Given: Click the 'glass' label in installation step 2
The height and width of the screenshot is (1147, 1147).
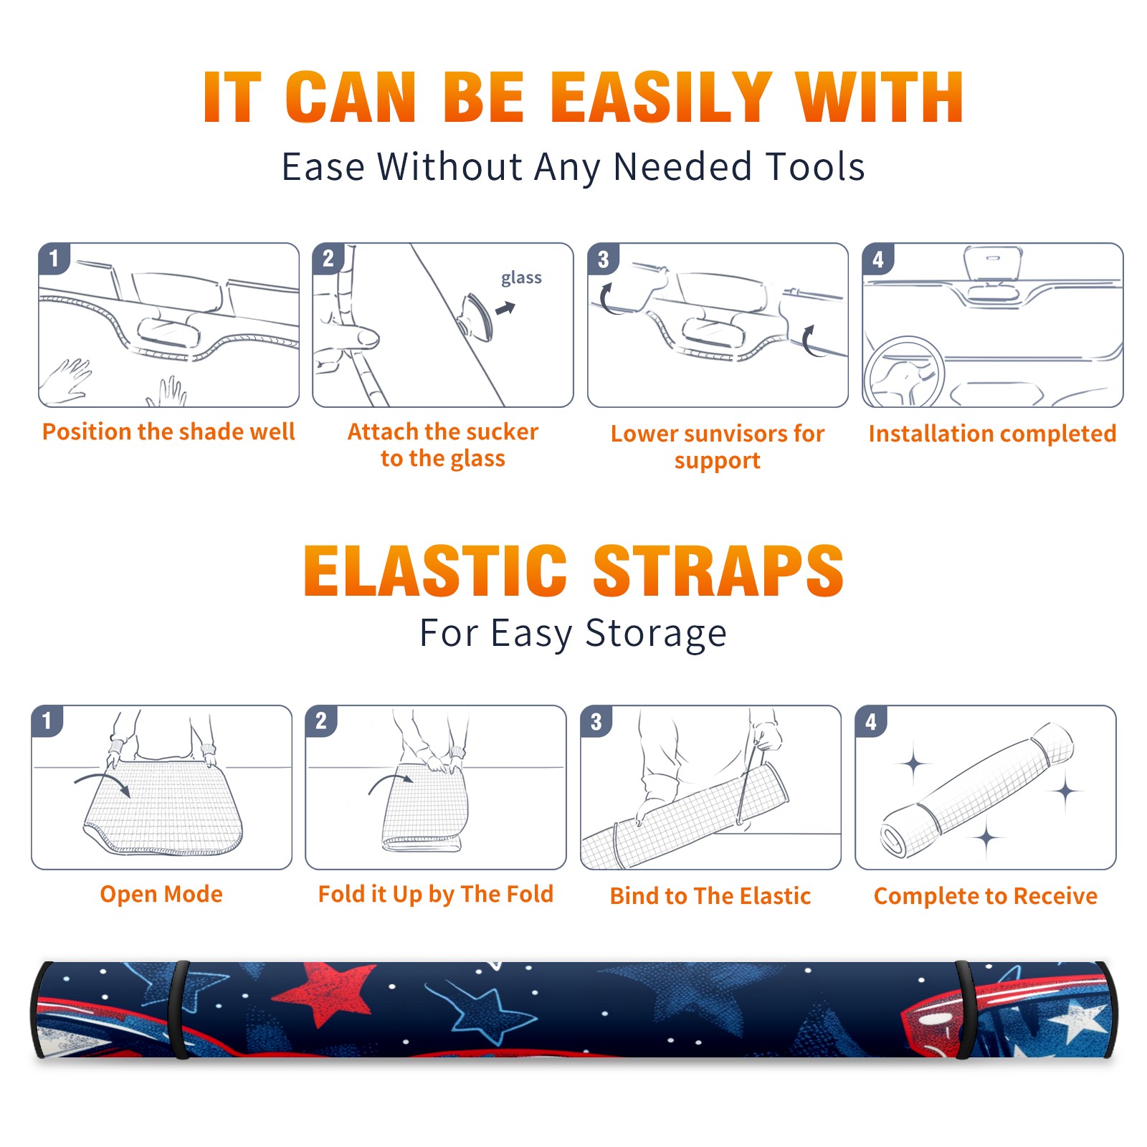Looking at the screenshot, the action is coord(521,277).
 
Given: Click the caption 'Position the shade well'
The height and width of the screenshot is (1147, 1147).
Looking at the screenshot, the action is coord(168,432).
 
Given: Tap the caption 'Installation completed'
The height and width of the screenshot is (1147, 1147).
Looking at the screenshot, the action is coord(992,433).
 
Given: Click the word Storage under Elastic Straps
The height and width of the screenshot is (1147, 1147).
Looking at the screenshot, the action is coord(656,634).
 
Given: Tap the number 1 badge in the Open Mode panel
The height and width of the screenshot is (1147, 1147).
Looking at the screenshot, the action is coord(47,720).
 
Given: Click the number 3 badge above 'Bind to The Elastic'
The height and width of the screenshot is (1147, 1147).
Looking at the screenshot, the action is coord(596,721).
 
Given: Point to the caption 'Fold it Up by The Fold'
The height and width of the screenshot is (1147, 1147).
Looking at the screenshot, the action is coord(436,894).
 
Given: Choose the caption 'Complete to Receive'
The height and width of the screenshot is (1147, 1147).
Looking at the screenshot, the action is coord(986,896).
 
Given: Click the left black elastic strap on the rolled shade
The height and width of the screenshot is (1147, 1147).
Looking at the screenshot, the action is coord(179,1009).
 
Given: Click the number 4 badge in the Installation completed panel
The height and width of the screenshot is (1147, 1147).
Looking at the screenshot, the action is coord(878,259).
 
